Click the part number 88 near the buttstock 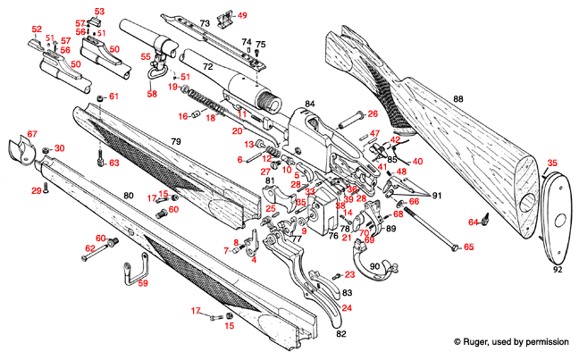458,99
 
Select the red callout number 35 552,163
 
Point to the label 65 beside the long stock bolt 468,247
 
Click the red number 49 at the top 242,15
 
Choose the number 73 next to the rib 205,21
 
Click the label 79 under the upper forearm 176,143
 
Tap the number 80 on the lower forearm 128,195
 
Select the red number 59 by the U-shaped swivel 142,283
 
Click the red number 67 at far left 32,134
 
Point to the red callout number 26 373,113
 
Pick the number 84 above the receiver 310,105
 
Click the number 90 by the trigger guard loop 374,266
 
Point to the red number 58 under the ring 152,93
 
